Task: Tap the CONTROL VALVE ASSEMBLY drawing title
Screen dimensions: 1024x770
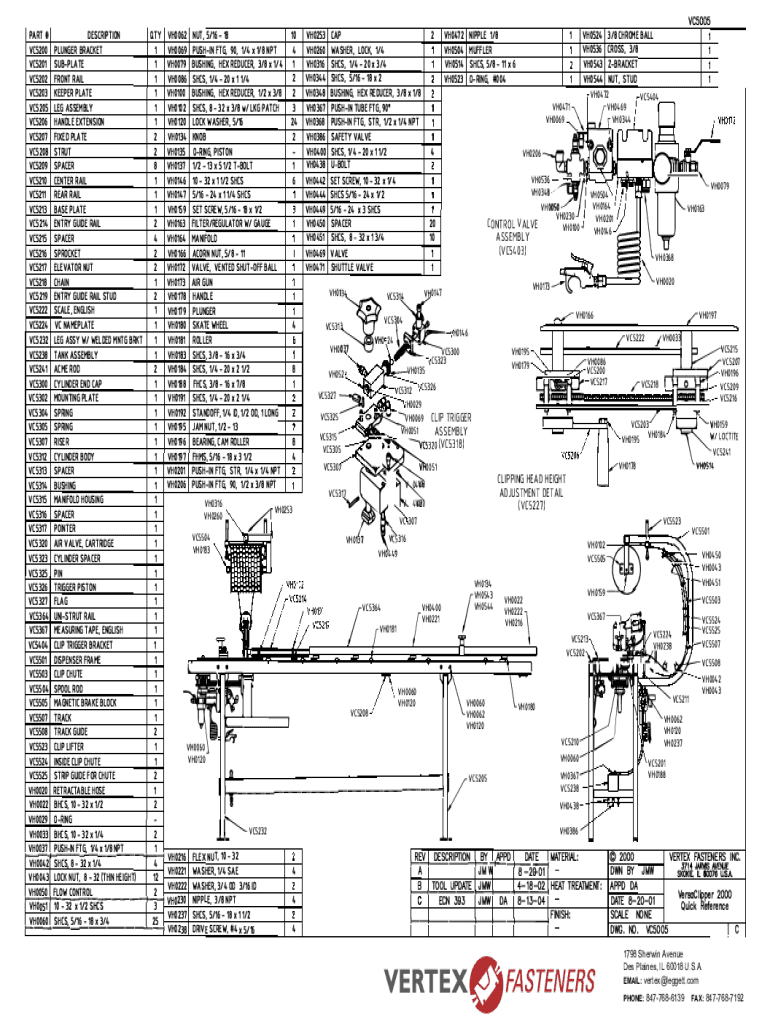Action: (x=513, y=237)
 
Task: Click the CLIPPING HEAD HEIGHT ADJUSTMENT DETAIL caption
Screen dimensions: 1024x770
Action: (x=538, y=492)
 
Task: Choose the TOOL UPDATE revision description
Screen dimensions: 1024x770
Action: (x=451, y=884)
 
